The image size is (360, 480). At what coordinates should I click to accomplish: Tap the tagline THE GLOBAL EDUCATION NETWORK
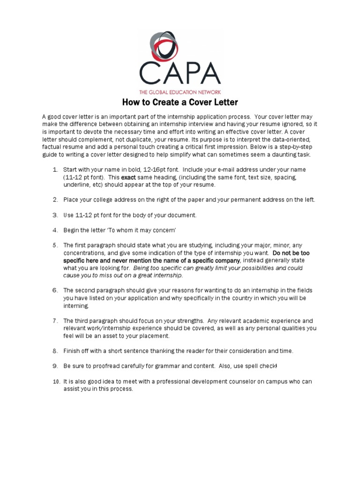point(180,92)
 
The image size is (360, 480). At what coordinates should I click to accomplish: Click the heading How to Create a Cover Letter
point(180,102)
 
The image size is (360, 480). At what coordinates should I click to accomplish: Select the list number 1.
point(55,169)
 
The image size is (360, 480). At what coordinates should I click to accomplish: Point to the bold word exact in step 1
point(128,178)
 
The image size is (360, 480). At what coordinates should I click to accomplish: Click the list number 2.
point(55,200)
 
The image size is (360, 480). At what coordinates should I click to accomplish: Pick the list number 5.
point(55,245)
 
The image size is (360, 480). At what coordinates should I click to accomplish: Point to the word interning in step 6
point(75,306)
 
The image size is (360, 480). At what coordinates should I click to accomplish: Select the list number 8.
point(55,351)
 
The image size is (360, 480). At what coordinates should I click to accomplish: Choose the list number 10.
point(54,382)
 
